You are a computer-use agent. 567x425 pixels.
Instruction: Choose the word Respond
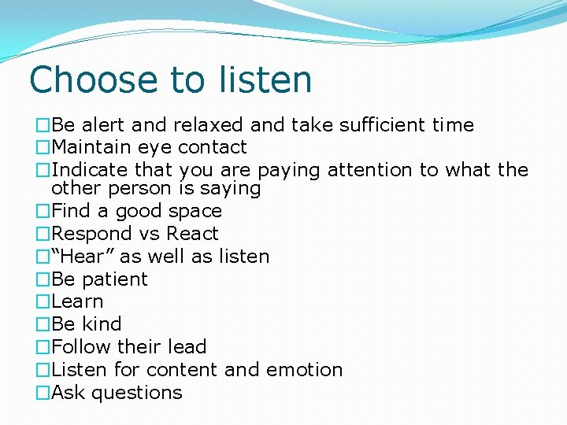[x=91, y=235]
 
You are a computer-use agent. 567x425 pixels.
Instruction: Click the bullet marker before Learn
[x=43, y=302]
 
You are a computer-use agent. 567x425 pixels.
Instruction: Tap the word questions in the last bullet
[x=137, y=393]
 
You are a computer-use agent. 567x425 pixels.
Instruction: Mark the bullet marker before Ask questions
[x=43, y=393]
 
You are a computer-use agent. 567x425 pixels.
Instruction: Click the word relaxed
[x=208, y=125]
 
